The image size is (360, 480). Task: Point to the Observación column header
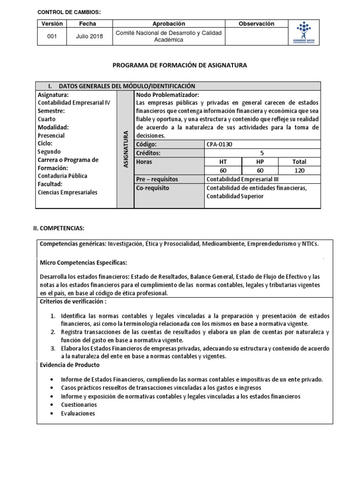tap(256, 23)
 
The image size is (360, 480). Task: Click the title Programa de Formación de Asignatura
tap(180, 65)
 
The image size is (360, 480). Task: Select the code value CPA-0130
tap(219, 144)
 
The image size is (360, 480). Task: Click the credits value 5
tap(262, 153)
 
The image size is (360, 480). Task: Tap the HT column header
tap(223, 162)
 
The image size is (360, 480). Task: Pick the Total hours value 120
tap(299, 171)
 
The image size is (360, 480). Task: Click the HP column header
tap(260, 162)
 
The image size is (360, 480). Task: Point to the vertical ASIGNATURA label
tap(125, 149)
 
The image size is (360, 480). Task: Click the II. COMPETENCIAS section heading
tap(58, 228)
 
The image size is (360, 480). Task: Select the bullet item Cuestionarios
tap(79, 405)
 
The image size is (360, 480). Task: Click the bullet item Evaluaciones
tap(78, 413)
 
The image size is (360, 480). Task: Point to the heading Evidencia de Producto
tap(70, 365)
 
